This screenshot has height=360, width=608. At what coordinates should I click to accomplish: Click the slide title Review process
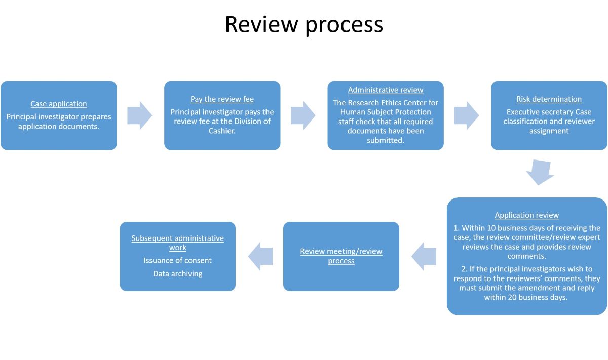coord(303,24)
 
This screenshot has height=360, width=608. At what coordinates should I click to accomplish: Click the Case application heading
coord(59,104)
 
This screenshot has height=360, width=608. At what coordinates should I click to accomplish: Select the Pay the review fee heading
coord(222,99)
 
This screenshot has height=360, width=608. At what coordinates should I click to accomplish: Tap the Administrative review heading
coord(386,90)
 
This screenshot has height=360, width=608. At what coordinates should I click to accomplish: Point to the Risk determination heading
coord(549,99)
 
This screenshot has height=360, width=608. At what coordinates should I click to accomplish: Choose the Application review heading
coord(527,215)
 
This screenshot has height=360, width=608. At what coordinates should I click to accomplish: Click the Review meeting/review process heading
coord(341,256)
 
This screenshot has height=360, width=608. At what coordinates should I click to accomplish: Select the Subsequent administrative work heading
coord(178,243)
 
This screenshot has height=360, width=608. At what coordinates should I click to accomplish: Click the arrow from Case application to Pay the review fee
coord(139,115)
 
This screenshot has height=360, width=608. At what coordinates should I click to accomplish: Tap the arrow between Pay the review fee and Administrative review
coord(303,115)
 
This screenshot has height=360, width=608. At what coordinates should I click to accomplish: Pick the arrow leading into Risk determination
coord(467,115)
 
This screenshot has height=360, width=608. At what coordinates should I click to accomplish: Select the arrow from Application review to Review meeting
coord(425,256)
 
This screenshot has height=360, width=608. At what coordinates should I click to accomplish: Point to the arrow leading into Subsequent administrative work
coord(260,256)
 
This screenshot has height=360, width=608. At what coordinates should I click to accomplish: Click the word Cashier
coord(222,131)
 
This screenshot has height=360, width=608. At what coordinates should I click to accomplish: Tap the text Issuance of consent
coord(178,261)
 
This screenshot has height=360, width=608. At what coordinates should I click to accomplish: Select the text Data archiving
coord(178,274)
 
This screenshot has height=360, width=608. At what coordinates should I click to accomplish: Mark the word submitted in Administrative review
coord(386,140)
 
